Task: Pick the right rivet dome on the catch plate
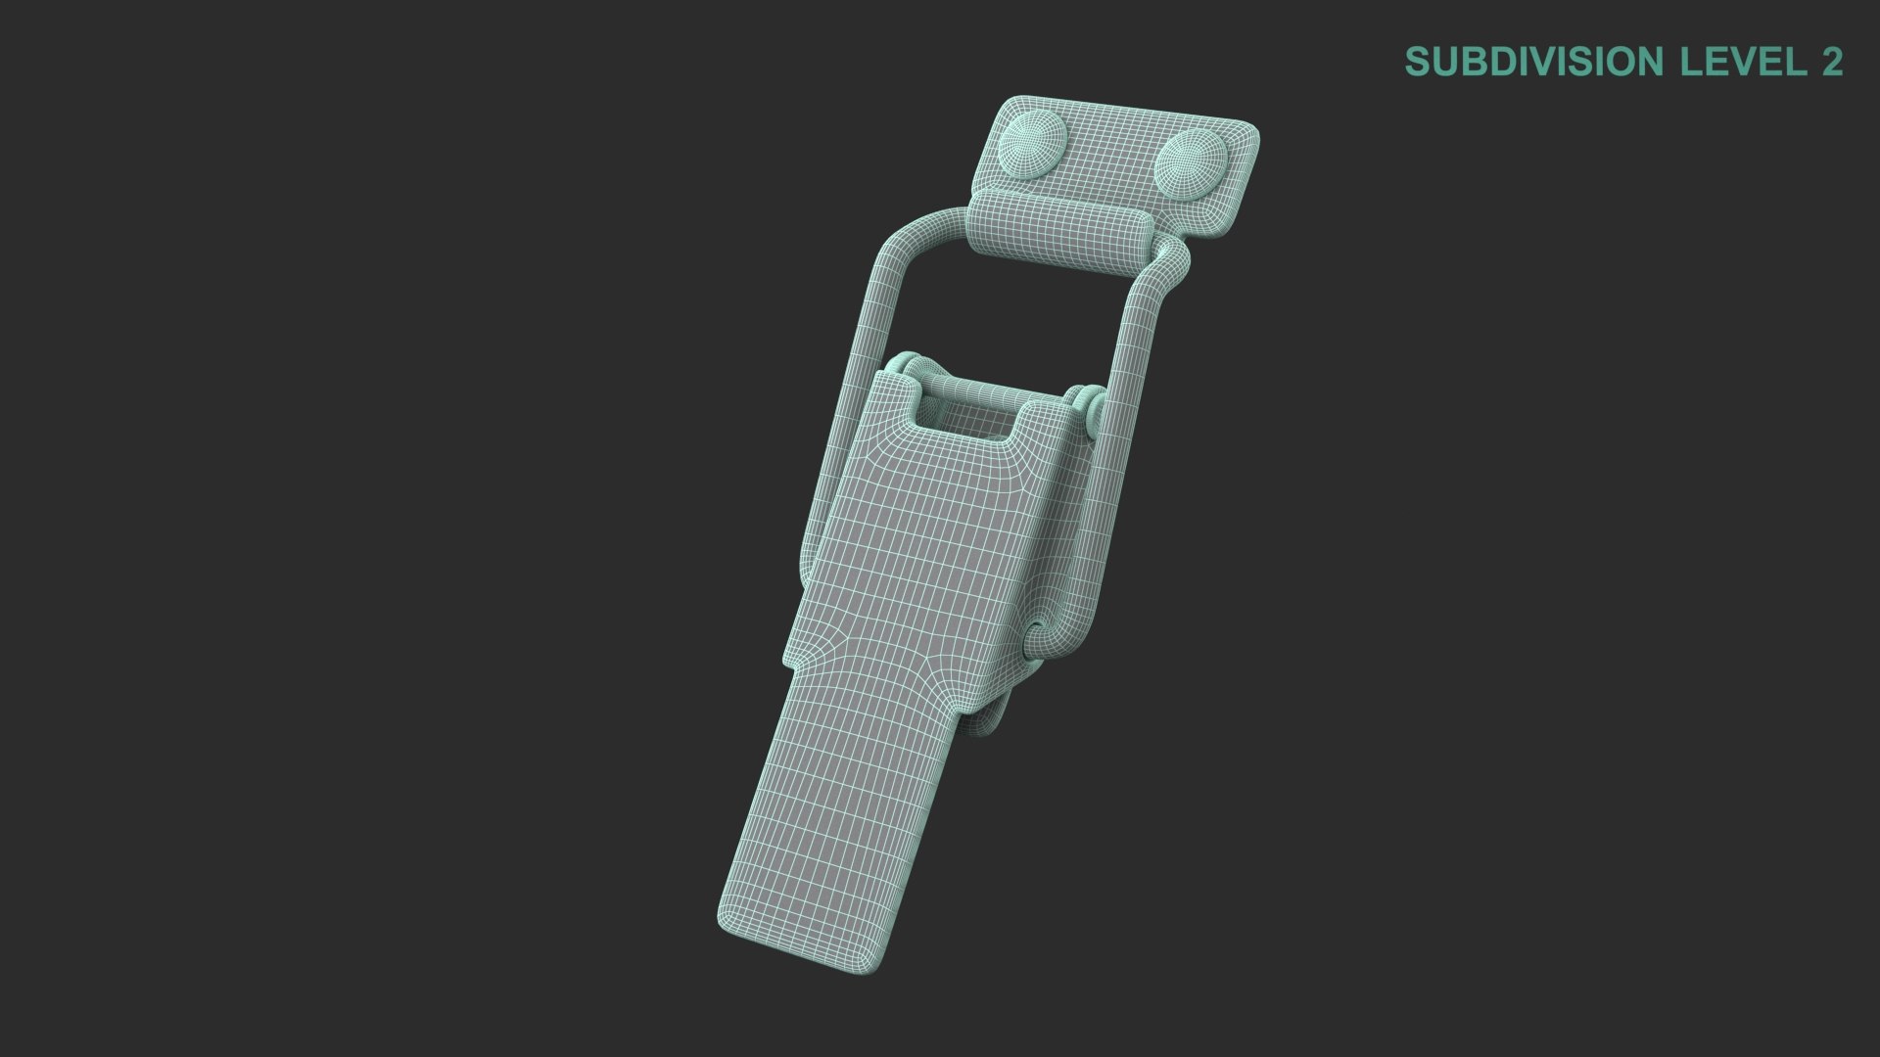(1189, 163)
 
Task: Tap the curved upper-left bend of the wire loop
(896, 240)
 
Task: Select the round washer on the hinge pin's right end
(1089, 406)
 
